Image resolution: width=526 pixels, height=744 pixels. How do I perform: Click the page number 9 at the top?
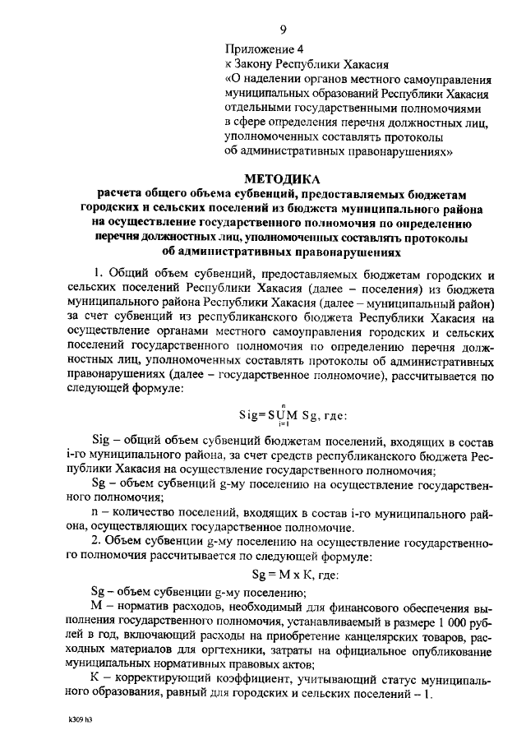coord(282,30)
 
